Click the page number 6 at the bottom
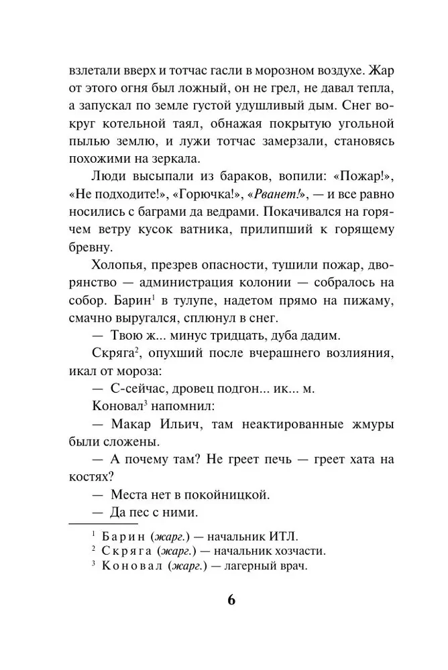click(x=231, y=599)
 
